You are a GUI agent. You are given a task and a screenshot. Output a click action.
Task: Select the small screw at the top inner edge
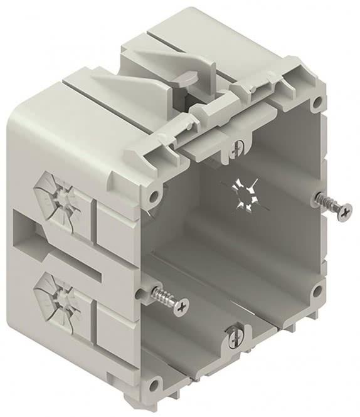pyautogui.click(x=236, y=148)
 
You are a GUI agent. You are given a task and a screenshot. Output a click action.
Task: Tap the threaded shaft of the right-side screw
pyautogui.click(x=326, y=199)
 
